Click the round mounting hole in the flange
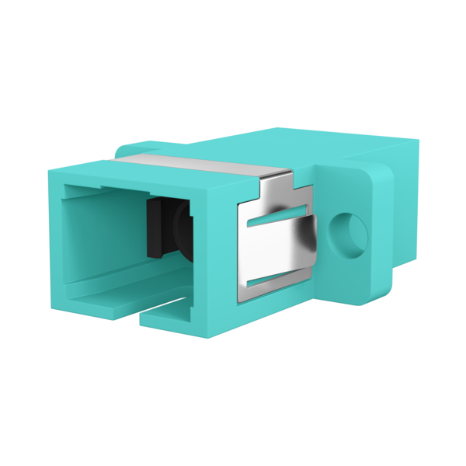pos(348,233)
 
